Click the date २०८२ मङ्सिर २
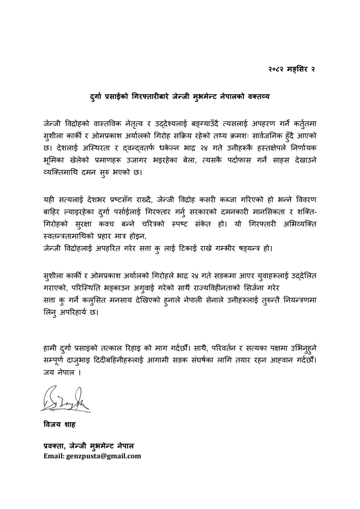[292, 69]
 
